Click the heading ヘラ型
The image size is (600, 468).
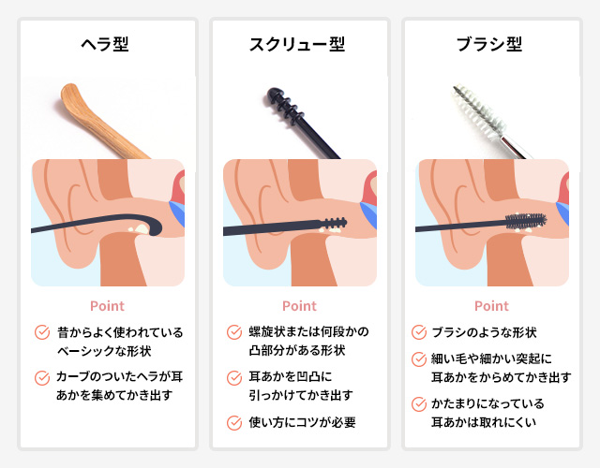[105, 44]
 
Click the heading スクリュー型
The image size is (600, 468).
[297, 44]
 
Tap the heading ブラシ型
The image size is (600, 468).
[489, 44]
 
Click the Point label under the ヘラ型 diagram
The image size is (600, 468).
[107, 306]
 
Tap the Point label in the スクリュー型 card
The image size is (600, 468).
[299, 306]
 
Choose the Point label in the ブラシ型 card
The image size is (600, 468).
[491, 306]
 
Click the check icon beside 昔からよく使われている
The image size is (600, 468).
[42, 332]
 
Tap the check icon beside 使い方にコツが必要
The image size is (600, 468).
[234, 422]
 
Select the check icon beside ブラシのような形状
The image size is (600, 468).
[419, 332]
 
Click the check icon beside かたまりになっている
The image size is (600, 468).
[419, 403]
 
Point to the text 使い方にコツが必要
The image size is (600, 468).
[302, 422]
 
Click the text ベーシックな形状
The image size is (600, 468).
[104, 351]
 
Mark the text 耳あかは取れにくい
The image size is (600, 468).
[484, 422]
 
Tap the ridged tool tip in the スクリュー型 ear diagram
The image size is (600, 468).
[334, 223]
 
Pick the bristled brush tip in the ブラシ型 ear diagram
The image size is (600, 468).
[526, 221]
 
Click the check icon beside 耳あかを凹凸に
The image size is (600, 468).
[234, 377]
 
